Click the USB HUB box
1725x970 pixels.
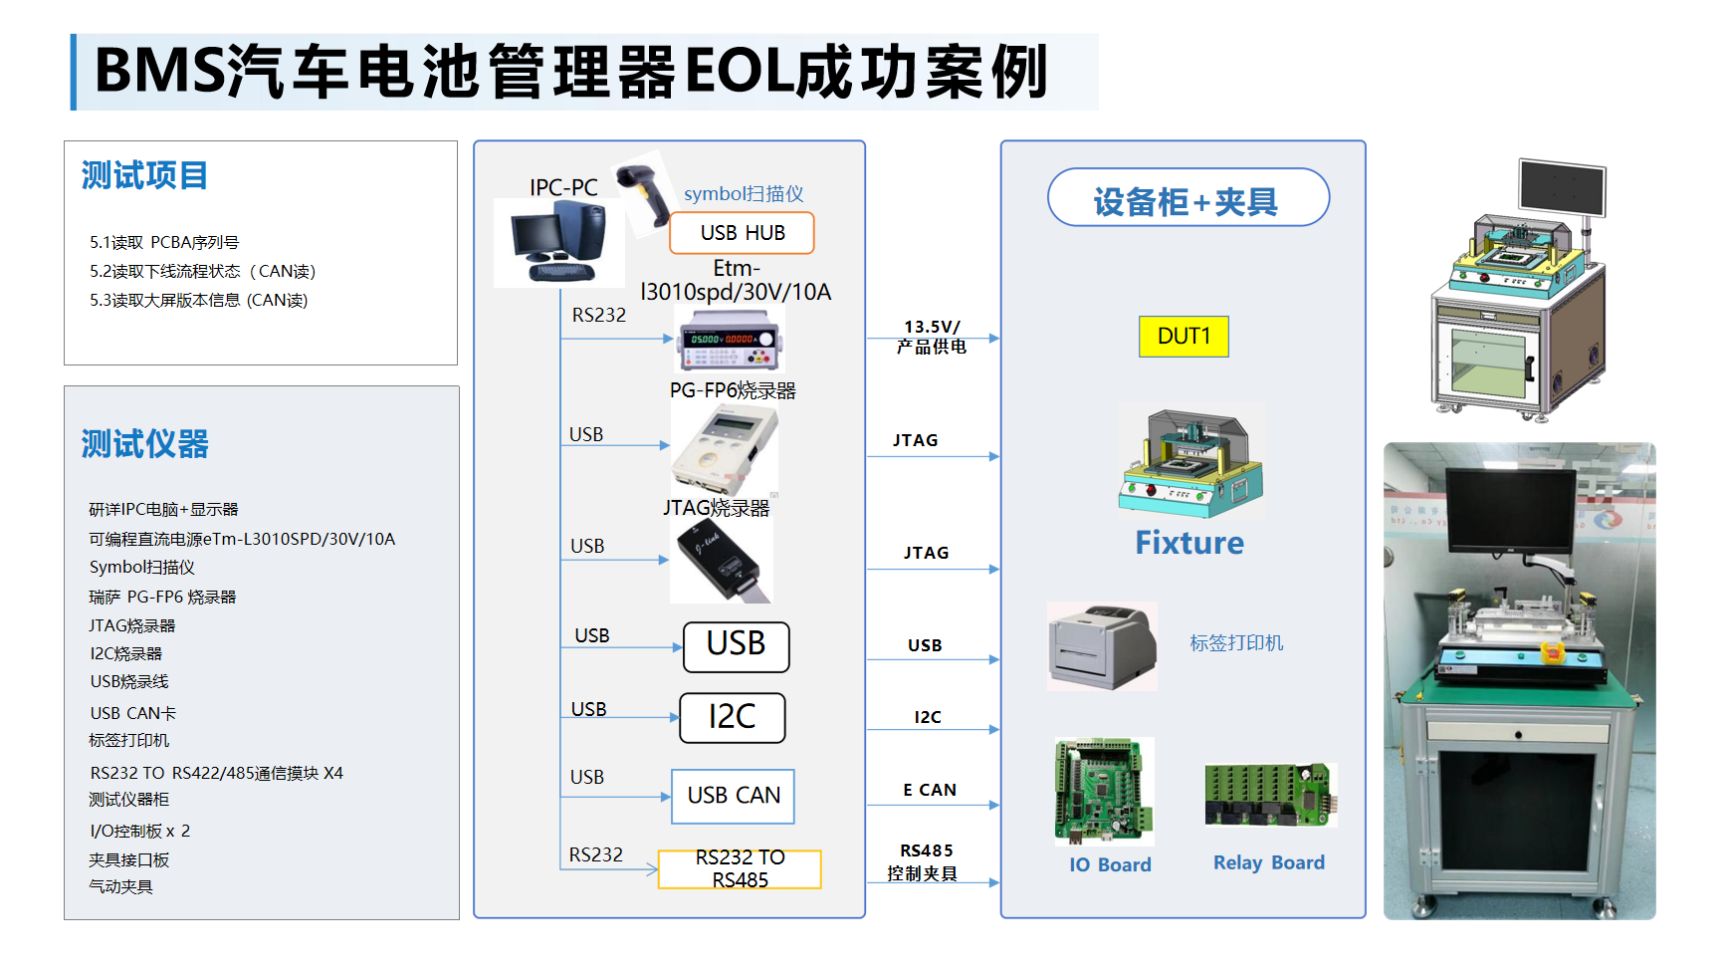[x=742, y=233]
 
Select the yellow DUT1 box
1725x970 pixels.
[x=1184, y=337]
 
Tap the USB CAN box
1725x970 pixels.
[x=734, y=796]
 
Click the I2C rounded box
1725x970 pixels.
[x=733, y=718]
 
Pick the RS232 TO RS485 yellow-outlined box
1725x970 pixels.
[x=740, y=868]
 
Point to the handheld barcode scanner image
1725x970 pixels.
[x=644, y=194]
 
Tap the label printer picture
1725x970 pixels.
[x=1102, y=645]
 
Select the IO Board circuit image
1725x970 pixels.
[x=1104, y=791]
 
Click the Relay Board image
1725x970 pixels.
[x=1270, y=795]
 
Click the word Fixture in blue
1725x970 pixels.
[x=1189, y=543]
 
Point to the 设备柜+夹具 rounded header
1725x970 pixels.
[x=1188, y=197]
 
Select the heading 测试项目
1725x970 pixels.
[x=144, y=175]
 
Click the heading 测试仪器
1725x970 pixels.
[x=144, y=444]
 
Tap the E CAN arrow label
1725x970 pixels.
[x=930, y=790]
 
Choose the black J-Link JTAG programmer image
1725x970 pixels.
[x=721, y=561]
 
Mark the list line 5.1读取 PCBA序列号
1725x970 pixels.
[x=164, y=242]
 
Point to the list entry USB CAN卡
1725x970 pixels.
[x=132, y=713]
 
